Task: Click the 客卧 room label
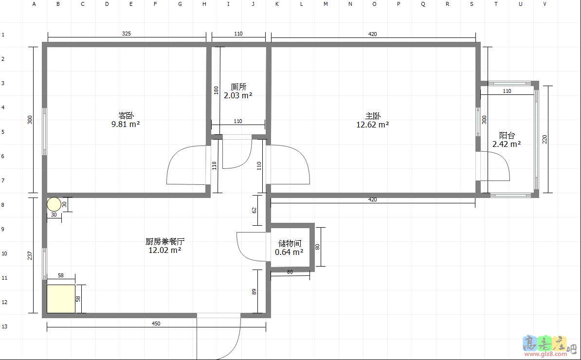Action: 126,116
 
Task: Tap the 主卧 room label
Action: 373,116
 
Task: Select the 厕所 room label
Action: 238,87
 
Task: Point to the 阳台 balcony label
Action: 507,136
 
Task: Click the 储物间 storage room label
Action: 290,243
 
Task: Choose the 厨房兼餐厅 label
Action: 165,241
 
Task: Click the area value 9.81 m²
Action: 126,125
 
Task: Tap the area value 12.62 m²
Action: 372,125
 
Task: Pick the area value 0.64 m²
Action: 289,252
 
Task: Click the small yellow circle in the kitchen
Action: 54,204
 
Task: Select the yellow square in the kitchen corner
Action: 61,299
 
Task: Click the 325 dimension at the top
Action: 126,34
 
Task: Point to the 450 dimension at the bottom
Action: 156,324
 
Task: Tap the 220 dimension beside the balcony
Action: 545,139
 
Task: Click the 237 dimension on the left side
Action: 30,255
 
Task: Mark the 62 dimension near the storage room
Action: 254,210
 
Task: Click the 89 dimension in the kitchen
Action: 254,292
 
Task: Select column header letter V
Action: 545,4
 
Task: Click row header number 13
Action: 4,326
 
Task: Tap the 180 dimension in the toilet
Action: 216,90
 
